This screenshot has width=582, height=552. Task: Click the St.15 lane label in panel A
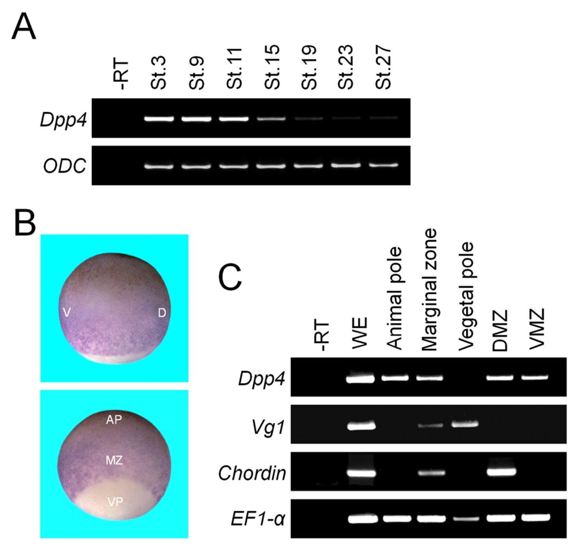pyautogui.click(x=272, y=67)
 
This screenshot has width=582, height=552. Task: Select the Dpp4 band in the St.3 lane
pyautogui.click(x=159, y=119)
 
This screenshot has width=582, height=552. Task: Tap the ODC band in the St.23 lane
pyautogui.click(x=345, y=166)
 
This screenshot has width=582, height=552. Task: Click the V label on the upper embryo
pyautogui.click(x=67, y=313)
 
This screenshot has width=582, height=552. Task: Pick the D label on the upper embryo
pyautogui.click(x=162, y=313)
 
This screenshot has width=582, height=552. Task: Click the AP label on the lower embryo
pyautogui.click(x=114, y=420)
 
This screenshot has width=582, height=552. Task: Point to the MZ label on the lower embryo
pyautogui.click(x=114, y=461)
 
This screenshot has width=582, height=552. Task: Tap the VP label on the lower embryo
pyautogui.click(x=115, y=502)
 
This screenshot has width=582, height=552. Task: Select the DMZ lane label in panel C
pyautogui.click(x=500, y=330)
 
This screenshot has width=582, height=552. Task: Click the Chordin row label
pyautogui.click(x=252, y=473)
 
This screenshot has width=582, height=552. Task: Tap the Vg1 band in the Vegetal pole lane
pyautogui.click(x=464, y=424)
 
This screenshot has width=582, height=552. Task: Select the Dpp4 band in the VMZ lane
pyautogui.click(x=535, y=378)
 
